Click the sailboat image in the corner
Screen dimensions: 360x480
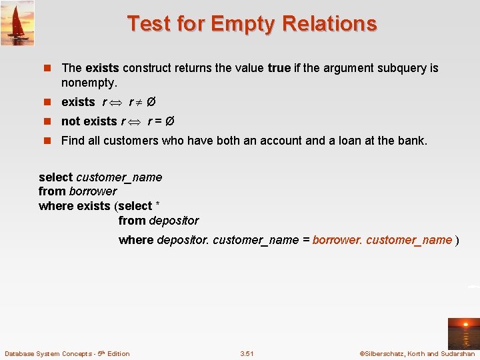click(17, 23)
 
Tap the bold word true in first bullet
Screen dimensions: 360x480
click(279, 68)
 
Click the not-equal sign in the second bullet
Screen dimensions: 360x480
click(138, 103)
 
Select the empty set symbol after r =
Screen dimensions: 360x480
click(169, 121)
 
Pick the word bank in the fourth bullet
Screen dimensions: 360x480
click(412, 141)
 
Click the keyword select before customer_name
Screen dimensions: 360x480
click(55, 177)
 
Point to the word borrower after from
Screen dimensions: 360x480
click(93, 191)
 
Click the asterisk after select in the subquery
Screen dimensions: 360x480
click(157, 205)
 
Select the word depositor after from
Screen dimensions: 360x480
click(174, 221)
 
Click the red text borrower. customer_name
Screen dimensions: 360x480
click(382, 240)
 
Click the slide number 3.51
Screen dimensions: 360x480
click(247, 353)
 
